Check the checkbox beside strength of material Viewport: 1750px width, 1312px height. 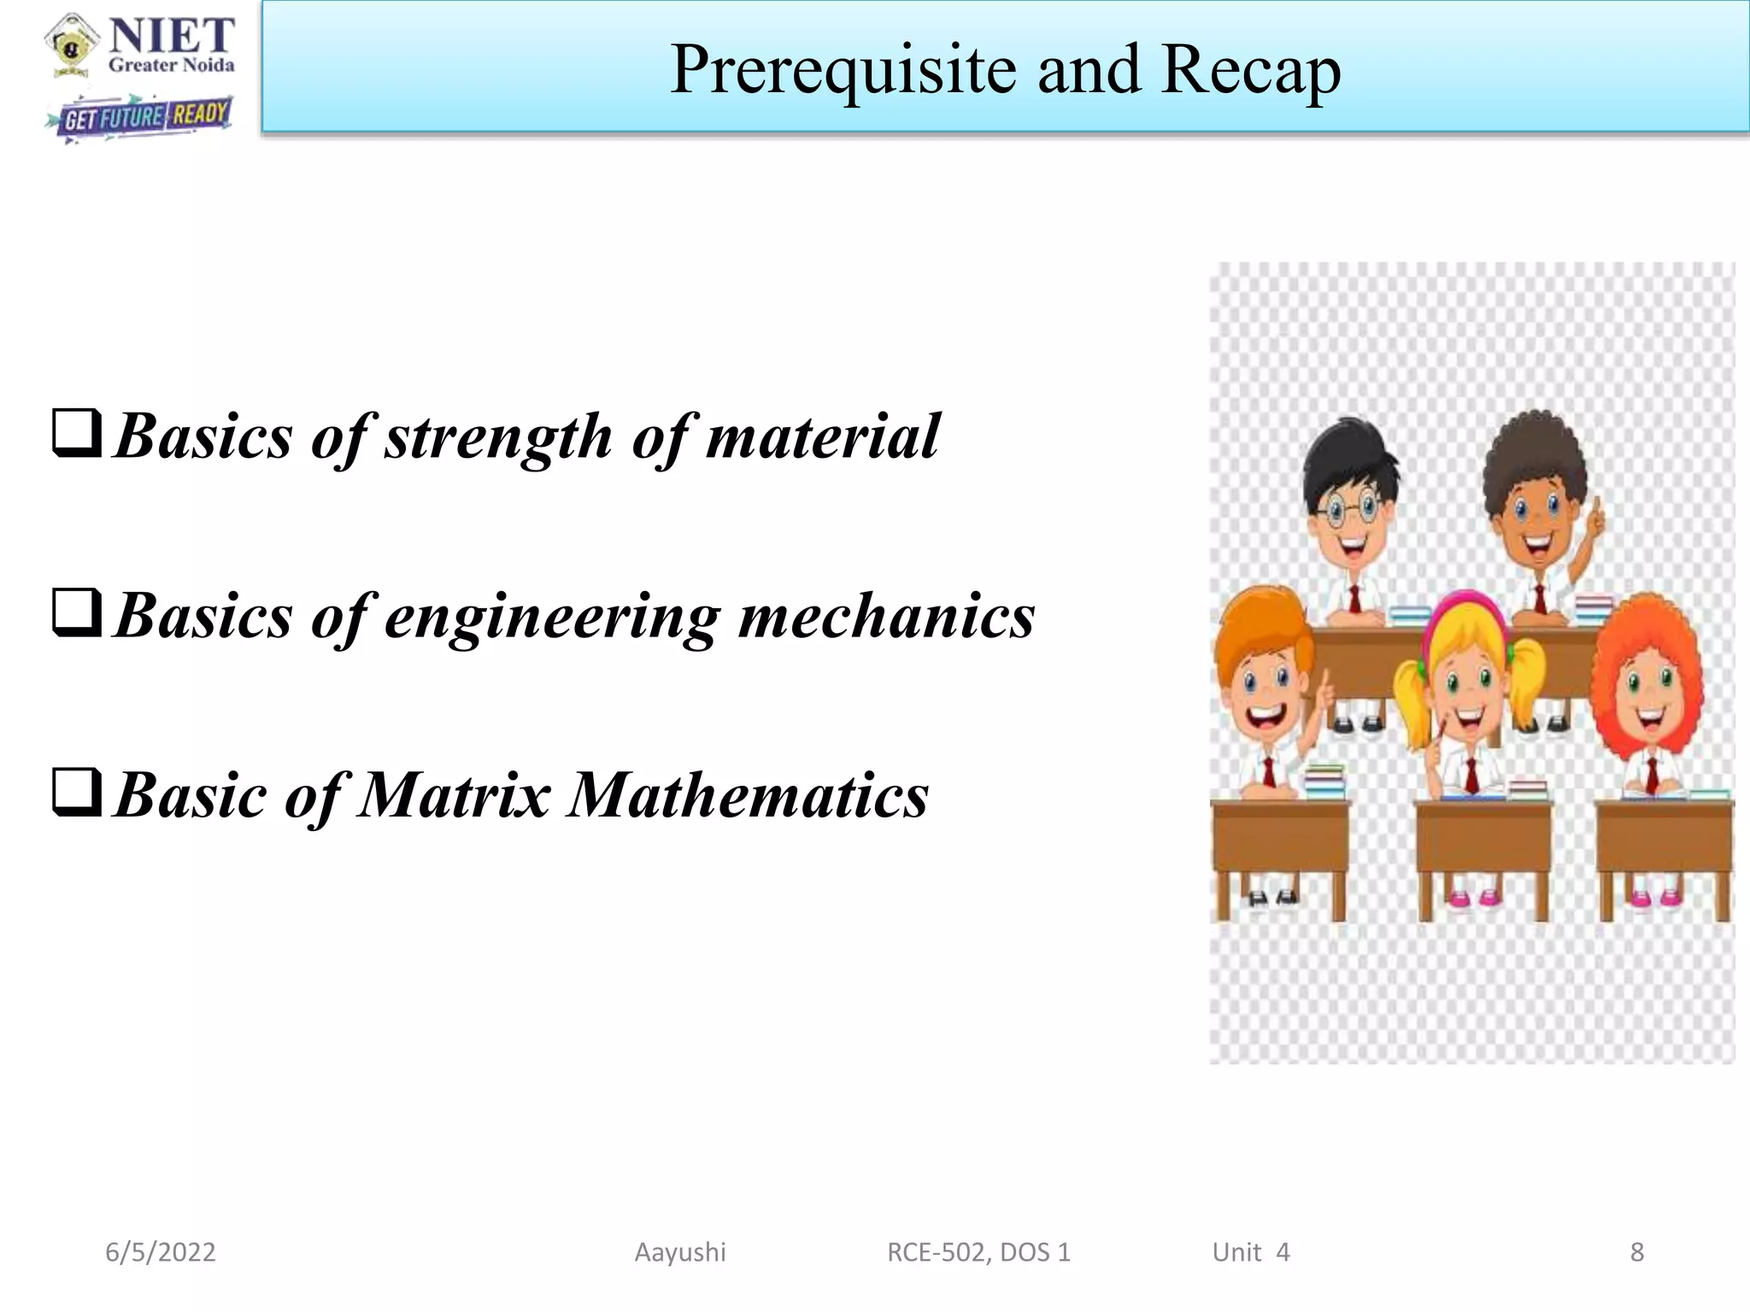click(x=77, y=434)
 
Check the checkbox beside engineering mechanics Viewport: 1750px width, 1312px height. click(x=77, y=613)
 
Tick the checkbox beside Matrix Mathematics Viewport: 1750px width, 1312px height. click(x=77, y=793)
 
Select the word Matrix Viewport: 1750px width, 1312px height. click(x=454, y=794)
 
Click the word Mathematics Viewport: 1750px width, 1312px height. click(x=749, y=794)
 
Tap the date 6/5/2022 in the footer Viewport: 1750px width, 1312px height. click(x=161, y=1252)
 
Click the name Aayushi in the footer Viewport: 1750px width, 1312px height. click(x=680, y=1252)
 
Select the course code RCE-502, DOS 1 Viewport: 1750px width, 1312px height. click(x=978, y=1252)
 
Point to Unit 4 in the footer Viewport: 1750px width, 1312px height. click(x=1250, y=1252)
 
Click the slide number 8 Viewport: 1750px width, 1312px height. click(x=1636, y=1252)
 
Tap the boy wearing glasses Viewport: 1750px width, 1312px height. click(x=1350, y=512)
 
